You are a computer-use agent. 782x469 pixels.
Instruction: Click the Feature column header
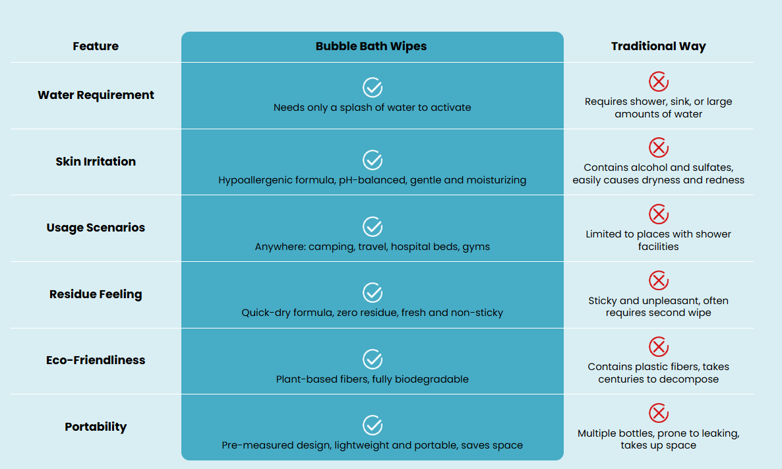pyautogui.click(x=96, y=46)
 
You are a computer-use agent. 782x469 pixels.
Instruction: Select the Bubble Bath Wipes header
pyautogui.click(x=371, y=46)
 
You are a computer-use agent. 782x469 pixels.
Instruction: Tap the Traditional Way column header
pyautogui.click(x=658, y=46)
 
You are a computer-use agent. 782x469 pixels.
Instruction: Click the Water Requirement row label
pyautogui.click(x=96, y=95)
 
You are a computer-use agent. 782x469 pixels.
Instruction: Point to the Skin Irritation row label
pyautogui.click(x=96, y=161)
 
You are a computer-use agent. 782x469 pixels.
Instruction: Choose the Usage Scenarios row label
pyautogui.click(x=96, y=228)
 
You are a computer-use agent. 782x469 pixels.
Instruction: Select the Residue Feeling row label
pyautogui.click(x=96, y=294)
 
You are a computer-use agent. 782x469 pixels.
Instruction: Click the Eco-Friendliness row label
pyautogui.click(x=96, y=360)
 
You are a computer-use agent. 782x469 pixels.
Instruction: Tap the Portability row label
pyautogui.click(x=96, y=427)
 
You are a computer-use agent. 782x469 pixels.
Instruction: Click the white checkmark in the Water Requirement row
pyautogui.click(x=373, y=88)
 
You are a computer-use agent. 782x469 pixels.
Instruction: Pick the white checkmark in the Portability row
pyautogui.click(x=373, y=425)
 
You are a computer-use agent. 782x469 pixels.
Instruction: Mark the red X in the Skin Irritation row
pyautogui.click(x=658, y=148)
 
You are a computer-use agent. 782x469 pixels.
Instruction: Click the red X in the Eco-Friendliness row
pyautogui.click(x=658, y=347)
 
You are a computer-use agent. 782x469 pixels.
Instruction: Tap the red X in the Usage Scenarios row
pyautogui.click(x=658, y=214)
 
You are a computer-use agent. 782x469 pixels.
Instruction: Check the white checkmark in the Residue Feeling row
pyautogui.click(x=373, y=293)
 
